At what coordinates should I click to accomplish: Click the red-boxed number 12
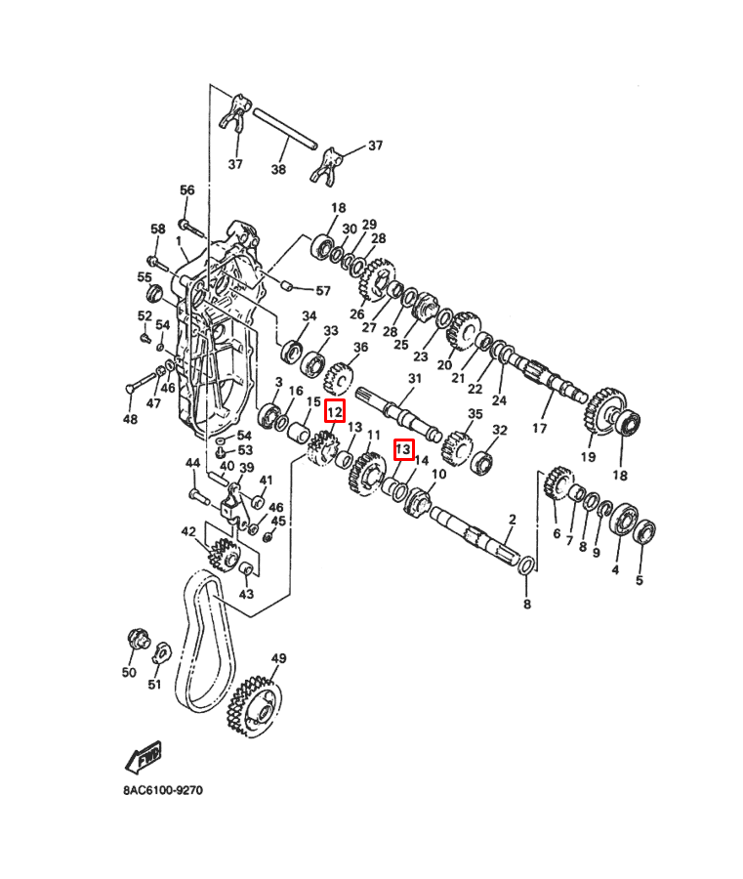pos(336,411)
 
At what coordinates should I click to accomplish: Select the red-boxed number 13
pos(403,449)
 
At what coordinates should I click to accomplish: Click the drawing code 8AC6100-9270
pos(163,790)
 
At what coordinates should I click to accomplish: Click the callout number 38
pos(278,168)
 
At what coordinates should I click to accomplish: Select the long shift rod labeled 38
pos(285,129)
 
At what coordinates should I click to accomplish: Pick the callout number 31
pos(415,378)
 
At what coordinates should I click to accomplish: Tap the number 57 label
pos(323,290)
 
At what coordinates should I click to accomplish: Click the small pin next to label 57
pos(286,286)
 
